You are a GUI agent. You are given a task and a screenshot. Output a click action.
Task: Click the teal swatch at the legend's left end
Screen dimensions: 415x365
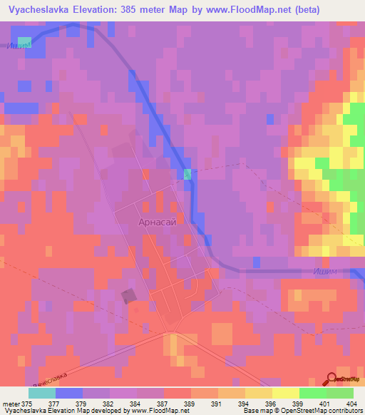click(x=41, y=392)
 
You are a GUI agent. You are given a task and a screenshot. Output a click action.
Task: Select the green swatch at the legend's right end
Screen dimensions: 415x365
click(x=339, y=392)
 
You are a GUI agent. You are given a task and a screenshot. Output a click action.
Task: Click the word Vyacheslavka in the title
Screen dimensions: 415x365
click(x=36, y=10)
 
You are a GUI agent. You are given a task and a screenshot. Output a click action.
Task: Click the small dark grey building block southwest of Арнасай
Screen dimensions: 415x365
click(x=130, y=296)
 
